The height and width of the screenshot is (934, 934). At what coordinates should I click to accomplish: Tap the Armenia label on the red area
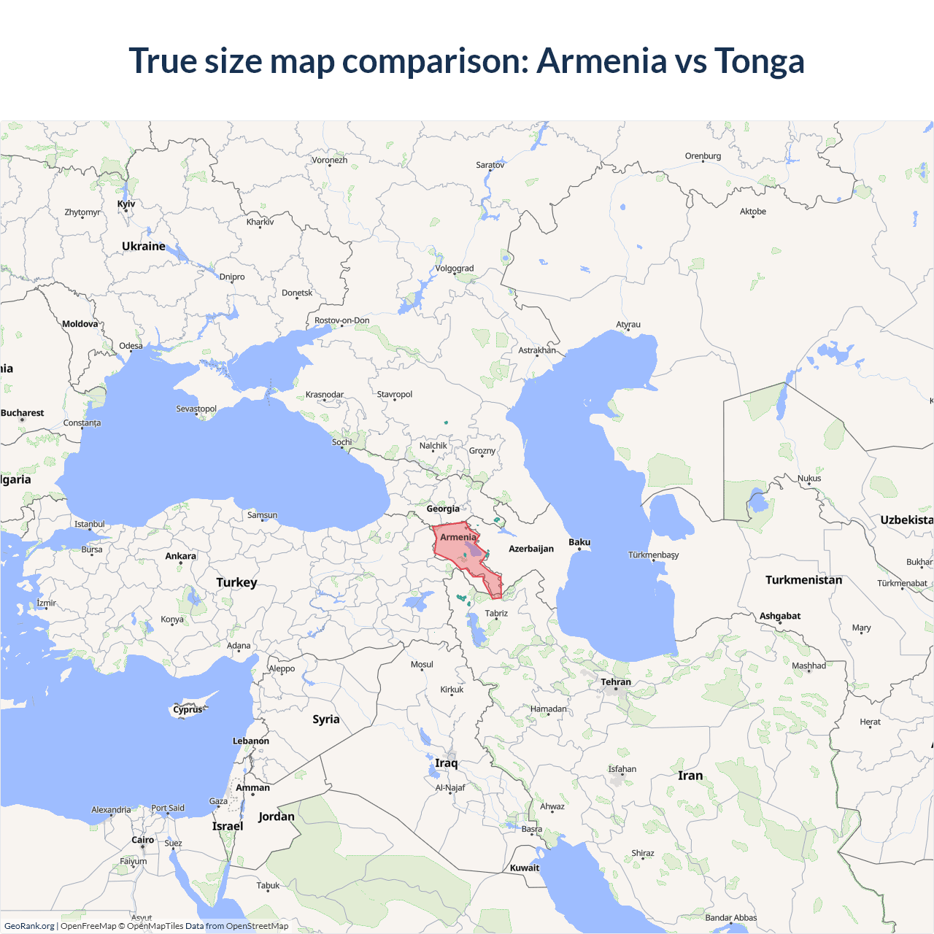pos(458,537)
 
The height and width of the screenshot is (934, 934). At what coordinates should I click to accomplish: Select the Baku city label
pos(579,542)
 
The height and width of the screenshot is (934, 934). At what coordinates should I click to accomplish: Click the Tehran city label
pos(616,682)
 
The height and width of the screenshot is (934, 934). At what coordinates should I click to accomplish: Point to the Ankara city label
pos(180,556)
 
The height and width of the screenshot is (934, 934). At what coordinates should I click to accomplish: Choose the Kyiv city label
pos(126,204)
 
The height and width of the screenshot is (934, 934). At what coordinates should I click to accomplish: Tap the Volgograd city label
pos(455,269)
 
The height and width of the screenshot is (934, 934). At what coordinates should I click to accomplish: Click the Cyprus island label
pos(188,709)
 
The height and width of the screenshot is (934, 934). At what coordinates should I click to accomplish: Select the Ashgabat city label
pos(780,616)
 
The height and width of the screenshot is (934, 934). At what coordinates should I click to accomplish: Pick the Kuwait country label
pos(525,868)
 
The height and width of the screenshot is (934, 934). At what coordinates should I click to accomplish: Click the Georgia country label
pos(443,509)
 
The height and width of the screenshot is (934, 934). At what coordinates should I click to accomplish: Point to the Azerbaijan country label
pos(531,549)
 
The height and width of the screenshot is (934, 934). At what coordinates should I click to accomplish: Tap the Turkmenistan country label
pos(803,580)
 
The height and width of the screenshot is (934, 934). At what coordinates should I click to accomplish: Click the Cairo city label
pos(143,840)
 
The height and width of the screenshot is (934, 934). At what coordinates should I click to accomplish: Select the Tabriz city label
pos(496,613)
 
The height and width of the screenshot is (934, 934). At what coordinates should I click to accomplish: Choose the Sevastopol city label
pos(196,409)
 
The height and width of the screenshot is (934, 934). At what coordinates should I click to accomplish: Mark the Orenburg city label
pos(703,156)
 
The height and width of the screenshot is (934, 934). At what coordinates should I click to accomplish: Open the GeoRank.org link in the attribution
pos(29,926)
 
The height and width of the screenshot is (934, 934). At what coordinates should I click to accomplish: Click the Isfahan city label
pos(622,769)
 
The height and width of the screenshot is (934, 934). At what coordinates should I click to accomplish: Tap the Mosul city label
pos(422,665)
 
